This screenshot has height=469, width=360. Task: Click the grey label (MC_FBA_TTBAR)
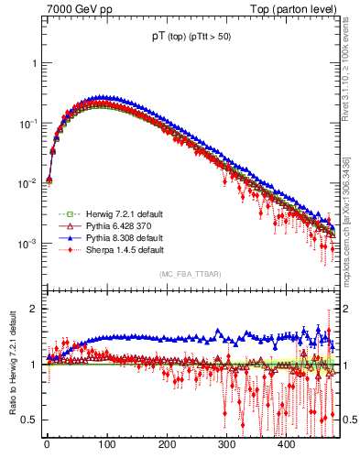(x=191, y=274)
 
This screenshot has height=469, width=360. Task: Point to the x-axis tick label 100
(x=106, y=444)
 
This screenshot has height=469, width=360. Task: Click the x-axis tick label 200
(x=167, y=444)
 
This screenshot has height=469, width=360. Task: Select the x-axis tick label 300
(x=226, y=444)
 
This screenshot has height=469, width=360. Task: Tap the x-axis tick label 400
(x=286, y=444)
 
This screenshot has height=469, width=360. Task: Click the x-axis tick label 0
(x=47, y=444)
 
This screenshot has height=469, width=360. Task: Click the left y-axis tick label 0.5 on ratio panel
(x=30, y=420)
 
